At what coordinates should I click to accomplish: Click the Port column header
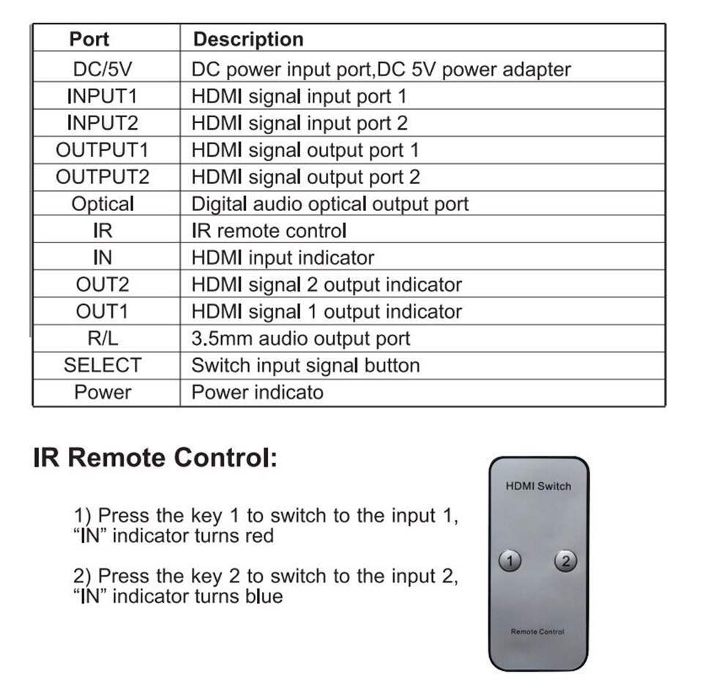[x=89, y=39]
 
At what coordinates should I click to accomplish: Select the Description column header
[x=248, y=40]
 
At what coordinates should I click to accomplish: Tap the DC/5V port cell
[x=103, y=69]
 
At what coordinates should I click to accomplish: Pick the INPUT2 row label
[x=103, y=123]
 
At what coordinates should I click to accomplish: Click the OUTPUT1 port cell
[x=103, y=150]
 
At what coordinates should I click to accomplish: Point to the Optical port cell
[x=103, y=204]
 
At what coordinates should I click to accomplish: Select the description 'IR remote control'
[x=269, y=231]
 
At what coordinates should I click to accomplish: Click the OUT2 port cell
[x=103, y=284]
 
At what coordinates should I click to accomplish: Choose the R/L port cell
[x=103, y=338]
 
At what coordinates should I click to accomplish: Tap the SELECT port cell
[x=103, y=365]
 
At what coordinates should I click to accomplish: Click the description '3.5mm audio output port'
[x=301, y=338]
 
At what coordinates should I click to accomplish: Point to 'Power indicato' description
[x=257, y=392]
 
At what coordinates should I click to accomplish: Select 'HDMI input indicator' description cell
[x=283, y=258]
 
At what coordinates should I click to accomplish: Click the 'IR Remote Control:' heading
[x=155, y=458]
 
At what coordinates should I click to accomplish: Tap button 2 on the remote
[x=566, y=561]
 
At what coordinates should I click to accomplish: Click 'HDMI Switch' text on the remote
[x=538, y=486]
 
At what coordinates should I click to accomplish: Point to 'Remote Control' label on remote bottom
[x=538, y=631]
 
